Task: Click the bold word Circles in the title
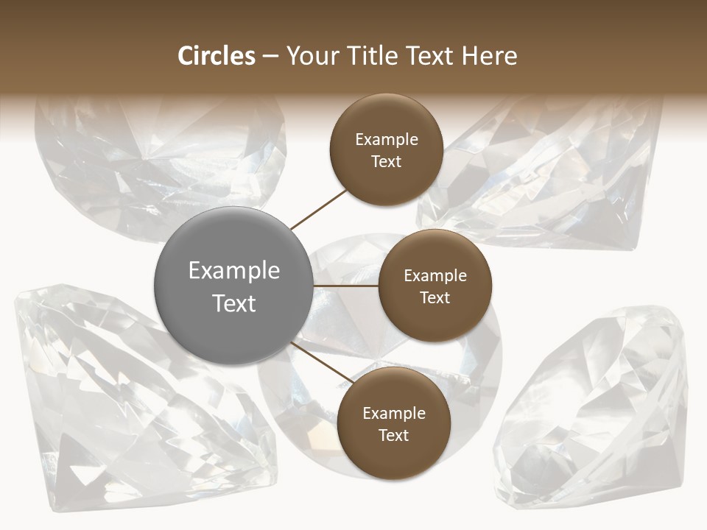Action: coord(217,56)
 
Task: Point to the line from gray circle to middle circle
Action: coord(345,286)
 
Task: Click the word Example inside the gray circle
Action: coord(234,271)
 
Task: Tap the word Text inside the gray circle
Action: coord(234,303)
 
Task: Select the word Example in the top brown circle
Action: coord(387,139)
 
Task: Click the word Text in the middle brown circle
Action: coord(435,297)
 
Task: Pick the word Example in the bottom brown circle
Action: coord(394,413)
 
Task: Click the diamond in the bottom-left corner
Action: coord(110,412)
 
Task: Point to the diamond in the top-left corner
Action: coord(147,162)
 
